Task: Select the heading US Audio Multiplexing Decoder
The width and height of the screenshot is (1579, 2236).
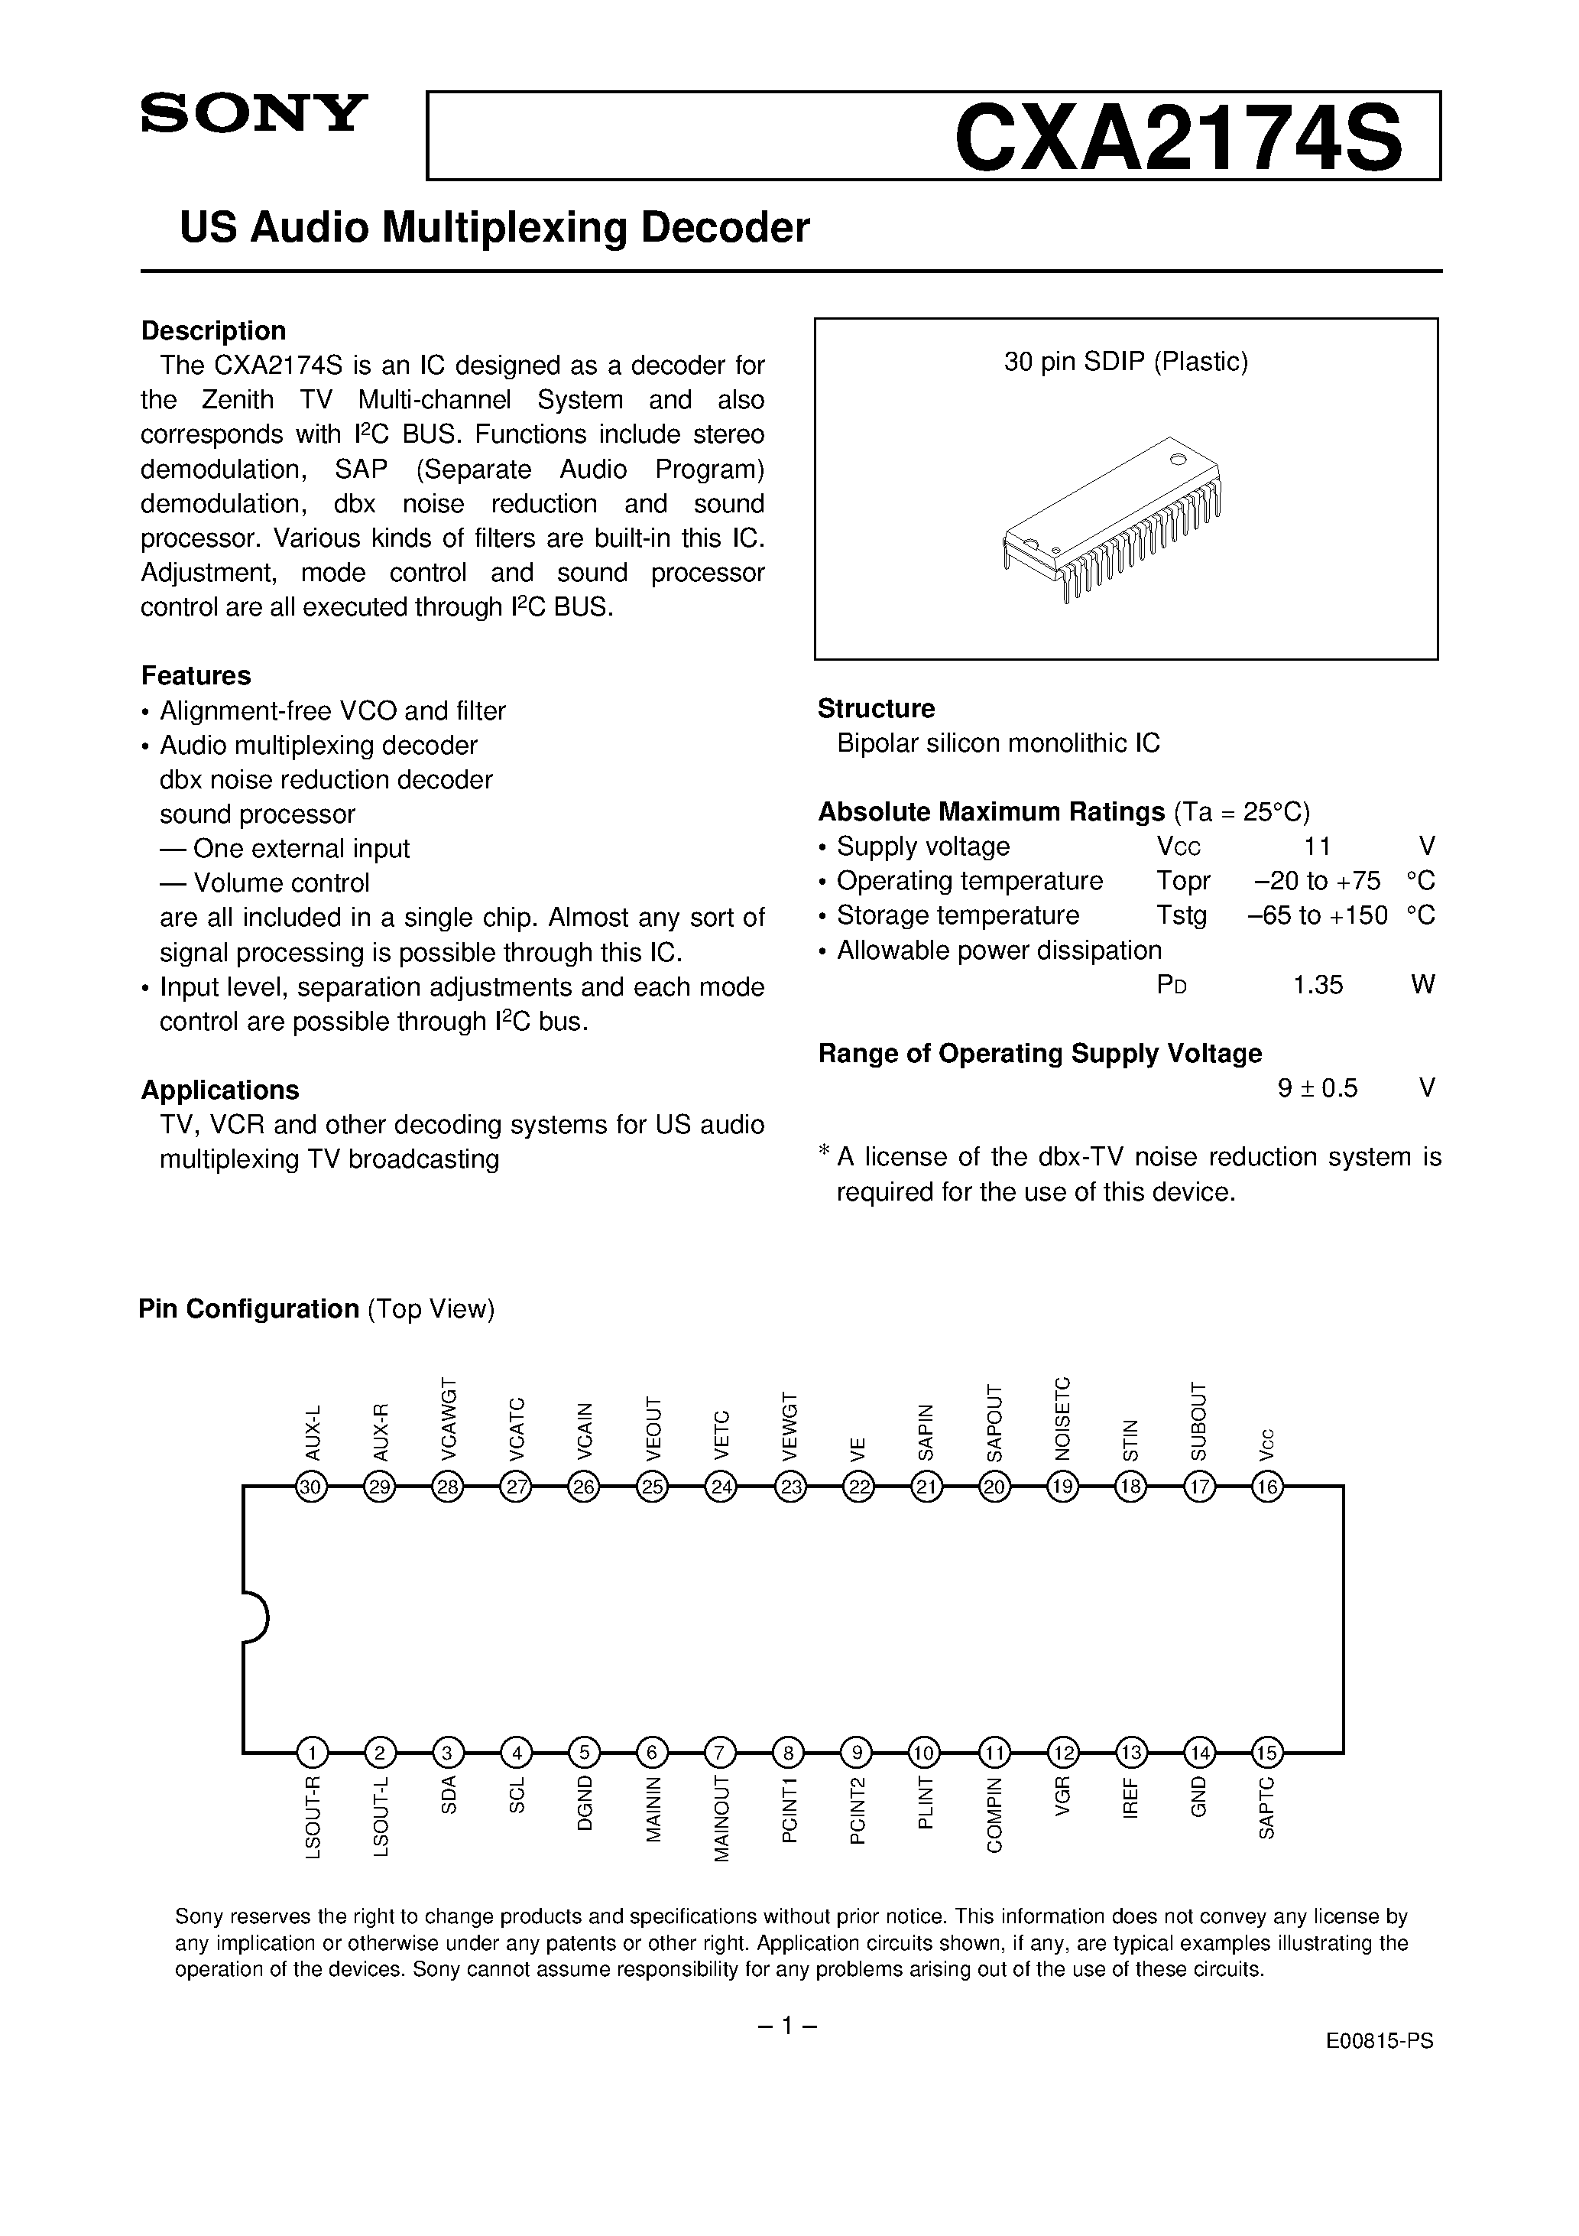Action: pos(494,227)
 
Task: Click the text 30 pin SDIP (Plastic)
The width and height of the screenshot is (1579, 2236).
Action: pos(1125,362)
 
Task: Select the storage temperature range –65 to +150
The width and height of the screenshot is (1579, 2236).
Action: pos(1317,915)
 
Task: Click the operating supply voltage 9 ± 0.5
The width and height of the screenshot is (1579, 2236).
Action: pos(1317,1088)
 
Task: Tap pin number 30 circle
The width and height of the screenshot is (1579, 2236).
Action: pos(312,1487)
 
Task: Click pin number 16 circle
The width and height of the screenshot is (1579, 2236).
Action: pos(1266,1487)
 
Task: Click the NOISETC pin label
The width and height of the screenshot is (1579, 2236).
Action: pos(1062,1417)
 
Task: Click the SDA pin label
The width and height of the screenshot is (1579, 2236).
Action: pos(448,1796)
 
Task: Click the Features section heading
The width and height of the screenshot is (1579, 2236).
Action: pos(196,676)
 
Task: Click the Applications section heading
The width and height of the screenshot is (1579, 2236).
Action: pos(220,1090)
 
